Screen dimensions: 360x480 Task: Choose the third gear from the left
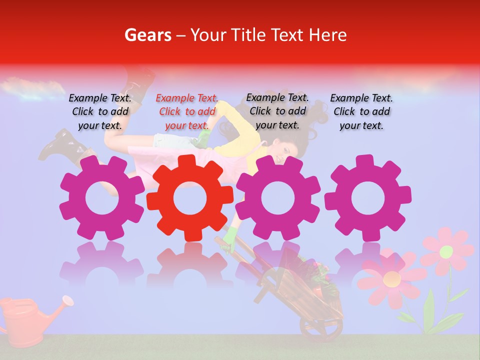[x=277, y=198]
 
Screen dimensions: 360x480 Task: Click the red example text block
[x=187, y=112]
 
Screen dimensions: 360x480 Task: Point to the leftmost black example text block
[x=100, y=112]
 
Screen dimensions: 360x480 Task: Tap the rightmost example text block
[x=361, y=112]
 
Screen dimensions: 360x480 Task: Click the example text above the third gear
[x=277, y=111]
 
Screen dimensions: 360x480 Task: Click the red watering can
[x=22, y=320]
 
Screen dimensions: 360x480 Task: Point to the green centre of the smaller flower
[x=446, y=252]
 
